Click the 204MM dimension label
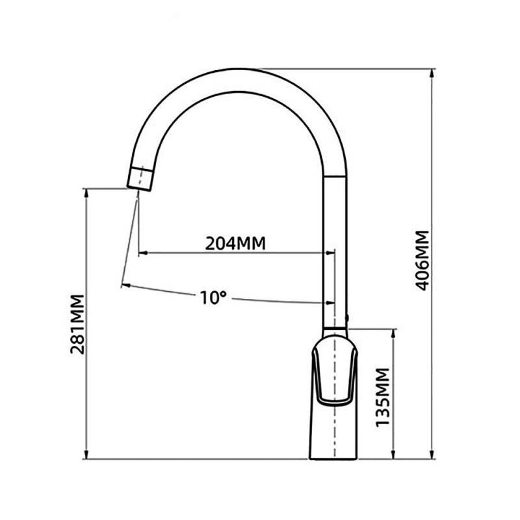coord(235,244)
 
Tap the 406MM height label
coord(423,261)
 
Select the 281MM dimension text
coord(77,324)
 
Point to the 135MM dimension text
coord(383,396)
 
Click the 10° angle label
coord(213,298)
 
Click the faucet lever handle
coord(335,370)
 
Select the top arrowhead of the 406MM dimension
coord(432,73)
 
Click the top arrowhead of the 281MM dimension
coord(86,192)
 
